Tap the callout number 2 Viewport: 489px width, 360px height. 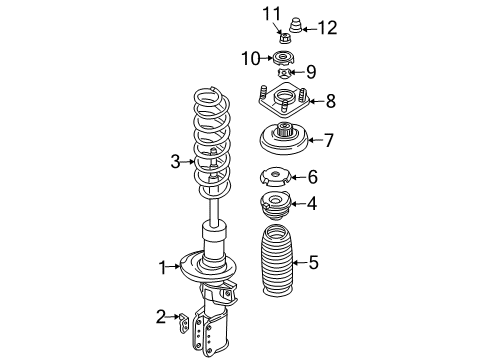coord(160,318)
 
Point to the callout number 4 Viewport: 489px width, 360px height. coord(313,204)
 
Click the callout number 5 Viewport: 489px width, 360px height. coord(313,263)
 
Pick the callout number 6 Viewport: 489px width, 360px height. coord(313,177)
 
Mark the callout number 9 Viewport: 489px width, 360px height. coord(310,71)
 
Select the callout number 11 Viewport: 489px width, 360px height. coord(266,13)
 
